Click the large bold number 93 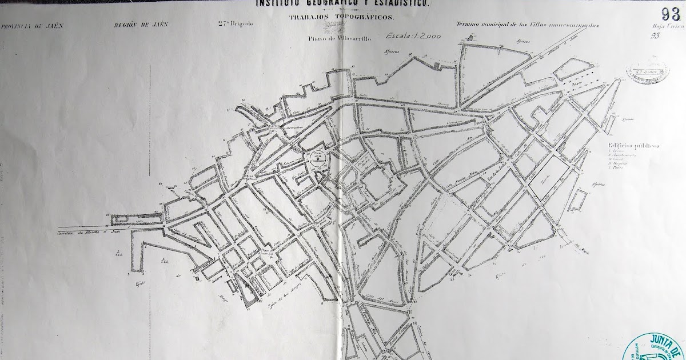click(670, 14)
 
